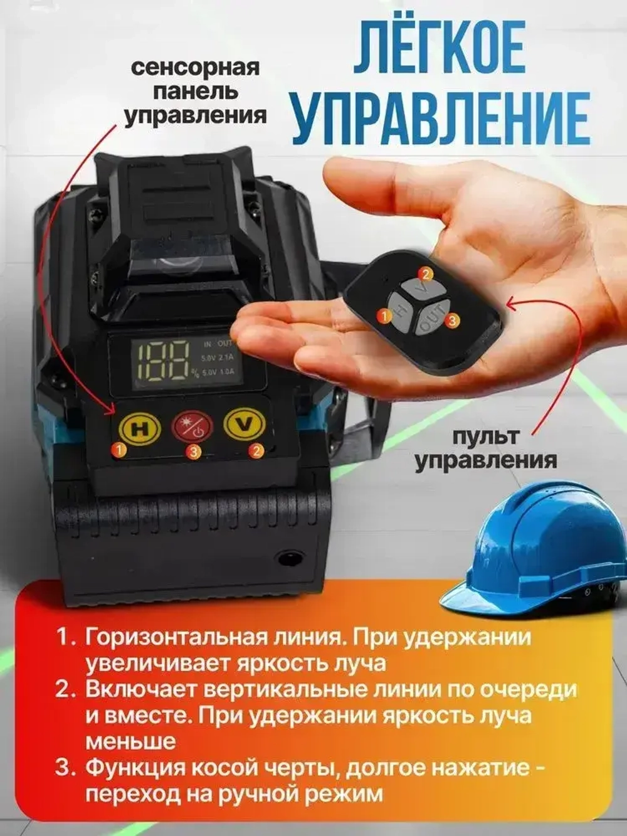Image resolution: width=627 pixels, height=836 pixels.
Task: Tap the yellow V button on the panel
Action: pyautogui.click(x=245, y=425)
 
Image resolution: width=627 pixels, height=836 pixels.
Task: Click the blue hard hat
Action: pyautogui.click(x=539, y=546)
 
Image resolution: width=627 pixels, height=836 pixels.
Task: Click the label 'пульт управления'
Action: pyautogui.click(x=485, y=448)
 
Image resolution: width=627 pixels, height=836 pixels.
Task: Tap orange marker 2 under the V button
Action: pyautogui.click(x=255, y=449)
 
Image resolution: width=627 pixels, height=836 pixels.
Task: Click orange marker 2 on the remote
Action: pyautogui.click(x=425, y=273)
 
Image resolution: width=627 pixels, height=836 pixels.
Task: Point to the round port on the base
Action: pyautogui.click(x=289, y=556)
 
